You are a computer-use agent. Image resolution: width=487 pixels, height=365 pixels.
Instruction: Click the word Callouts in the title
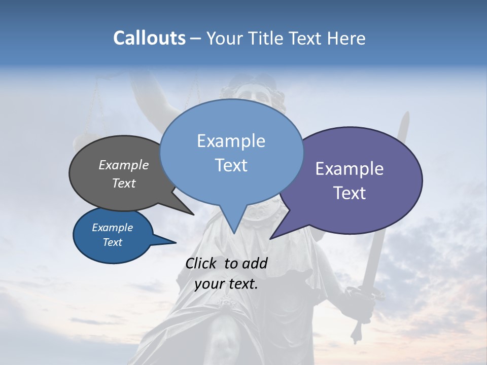[149, 38]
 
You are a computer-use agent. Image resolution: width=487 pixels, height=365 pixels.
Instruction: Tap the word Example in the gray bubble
[124, 165]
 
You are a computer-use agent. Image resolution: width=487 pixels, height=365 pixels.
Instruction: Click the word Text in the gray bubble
[124, 183]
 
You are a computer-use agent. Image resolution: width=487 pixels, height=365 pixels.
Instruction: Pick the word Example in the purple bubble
[350, 168]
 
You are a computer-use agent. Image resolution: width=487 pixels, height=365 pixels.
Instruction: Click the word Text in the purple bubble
[350, 193]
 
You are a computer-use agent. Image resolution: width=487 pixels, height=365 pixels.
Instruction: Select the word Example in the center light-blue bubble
[231, 141]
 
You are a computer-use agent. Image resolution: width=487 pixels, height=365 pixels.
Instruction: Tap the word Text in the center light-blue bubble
[231, 165]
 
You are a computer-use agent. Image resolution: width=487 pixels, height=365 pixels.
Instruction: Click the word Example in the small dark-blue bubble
[112, 228]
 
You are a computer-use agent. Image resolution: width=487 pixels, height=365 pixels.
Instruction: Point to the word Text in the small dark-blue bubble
[112, 242]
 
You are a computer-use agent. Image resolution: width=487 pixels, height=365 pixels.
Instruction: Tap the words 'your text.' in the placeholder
[226, 284]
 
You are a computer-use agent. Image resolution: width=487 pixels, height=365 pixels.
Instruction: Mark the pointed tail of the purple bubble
[272, 237]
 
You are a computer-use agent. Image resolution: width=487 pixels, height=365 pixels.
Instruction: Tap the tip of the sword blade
[405, 114]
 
